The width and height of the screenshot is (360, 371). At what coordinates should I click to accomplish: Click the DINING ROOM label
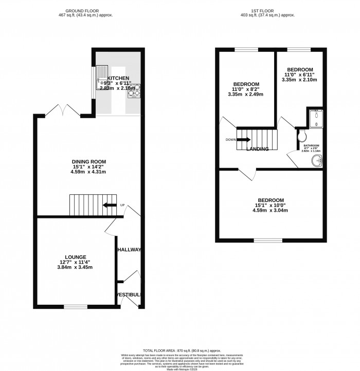pos(88,162)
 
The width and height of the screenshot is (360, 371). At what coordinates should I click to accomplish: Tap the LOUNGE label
pos(75,256)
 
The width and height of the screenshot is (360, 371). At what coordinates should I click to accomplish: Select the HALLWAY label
pos(129,250)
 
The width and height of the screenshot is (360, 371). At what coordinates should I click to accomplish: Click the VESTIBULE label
pos(128,294)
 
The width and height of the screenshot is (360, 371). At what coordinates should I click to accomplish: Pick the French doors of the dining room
pos(61,110)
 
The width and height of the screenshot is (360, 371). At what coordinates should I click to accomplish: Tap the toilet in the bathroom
pos(303,135)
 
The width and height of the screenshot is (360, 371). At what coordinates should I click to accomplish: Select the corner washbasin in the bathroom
pos(317,161)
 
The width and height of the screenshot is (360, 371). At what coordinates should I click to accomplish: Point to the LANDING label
pos(258,150)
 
